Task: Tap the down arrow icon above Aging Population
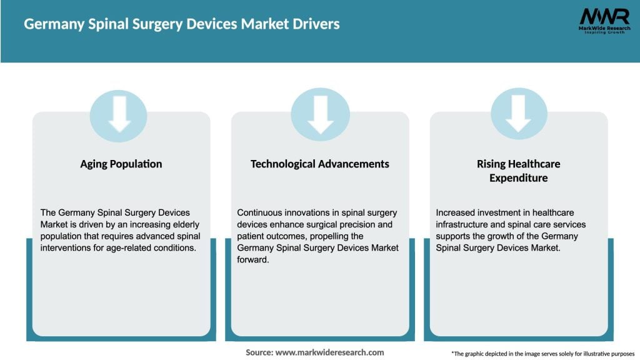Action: (x=119, y=114)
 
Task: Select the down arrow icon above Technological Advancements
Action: (x=320, y=114)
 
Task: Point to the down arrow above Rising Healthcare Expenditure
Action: (x=519, y=114)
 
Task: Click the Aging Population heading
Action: (x=121, y=164)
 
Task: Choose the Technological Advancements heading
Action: (x=320, y=164)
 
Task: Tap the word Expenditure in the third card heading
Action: (x=519, y=178)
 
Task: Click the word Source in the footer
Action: (x=259, y=352)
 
